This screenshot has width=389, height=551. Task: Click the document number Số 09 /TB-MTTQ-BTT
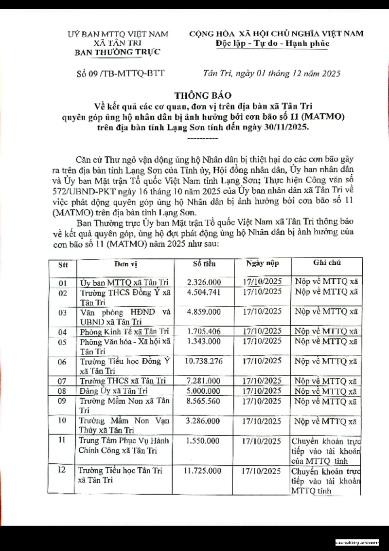click(121, 73)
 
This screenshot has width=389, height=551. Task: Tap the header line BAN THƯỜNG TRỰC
click(117, 52)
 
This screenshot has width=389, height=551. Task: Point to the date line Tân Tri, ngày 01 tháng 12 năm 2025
click(271, 73)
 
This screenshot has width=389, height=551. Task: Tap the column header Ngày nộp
click(263, 264)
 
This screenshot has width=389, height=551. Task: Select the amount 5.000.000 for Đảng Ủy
click(204, 391)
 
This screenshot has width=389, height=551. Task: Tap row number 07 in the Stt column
click(62, 381)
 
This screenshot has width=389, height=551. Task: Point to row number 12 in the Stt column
click(62, 471)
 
